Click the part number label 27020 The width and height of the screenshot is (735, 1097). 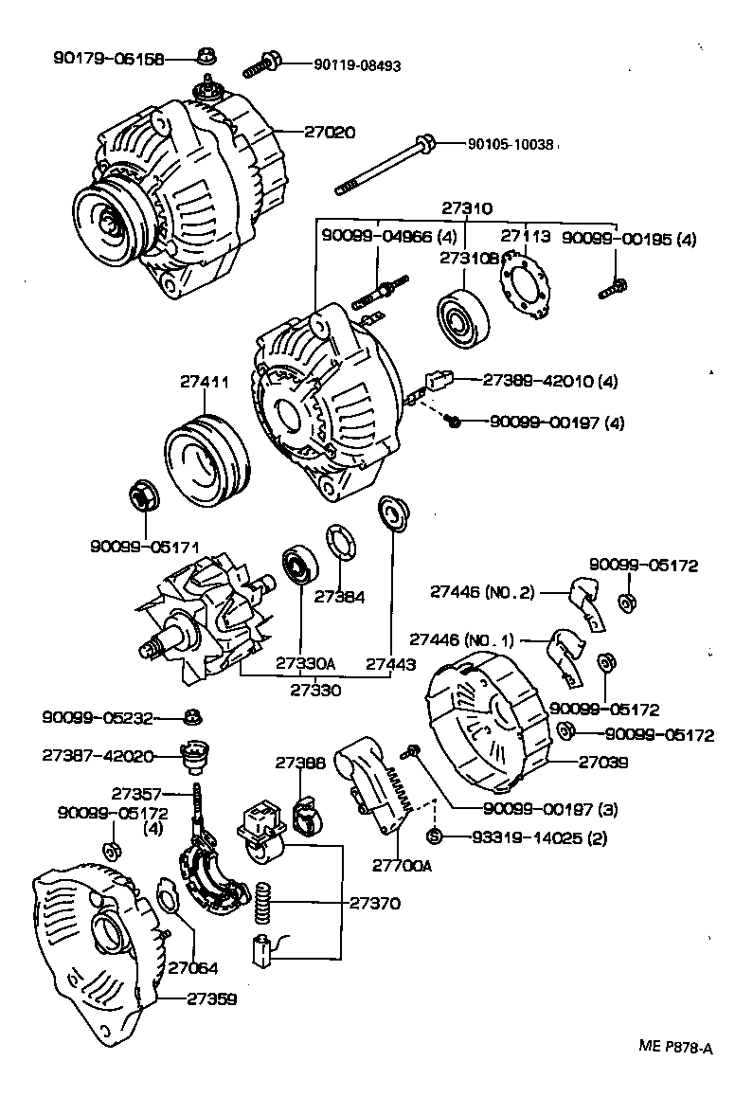coord(330,133)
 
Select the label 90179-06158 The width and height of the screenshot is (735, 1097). coord(107,59)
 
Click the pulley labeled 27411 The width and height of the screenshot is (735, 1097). coord(206,459)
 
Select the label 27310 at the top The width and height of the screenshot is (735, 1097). coord(467,208)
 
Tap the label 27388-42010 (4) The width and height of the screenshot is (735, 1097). coord(549,381)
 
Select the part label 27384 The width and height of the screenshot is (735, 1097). coord(339,597)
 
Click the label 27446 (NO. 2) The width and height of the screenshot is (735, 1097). coord(482,592)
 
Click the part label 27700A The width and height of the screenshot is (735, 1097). coord(402,865)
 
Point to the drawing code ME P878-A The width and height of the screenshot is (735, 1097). coord(673,1048)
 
